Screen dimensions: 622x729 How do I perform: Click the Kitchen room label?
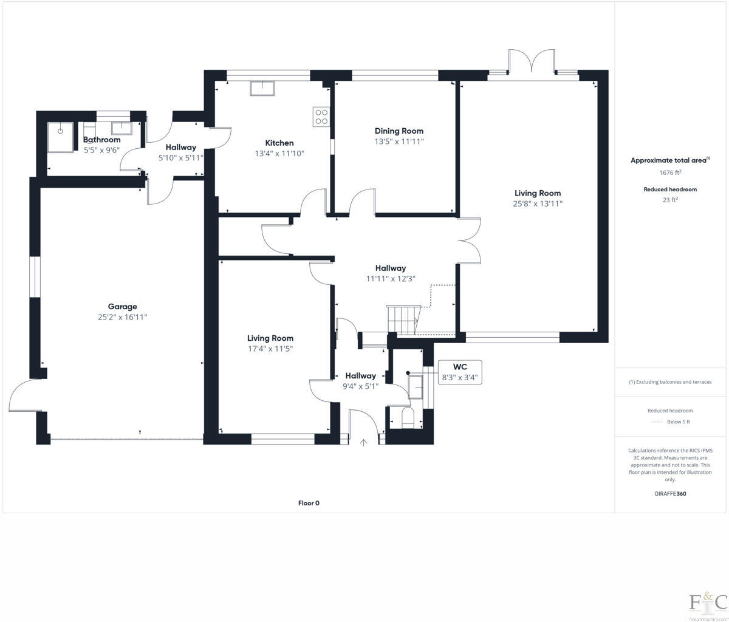click(279, 143)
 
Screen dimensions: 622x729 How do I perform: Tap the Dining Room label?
click(399, 131)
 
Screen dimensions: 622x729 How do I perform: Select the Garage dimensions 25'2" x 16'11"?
click(123, 317)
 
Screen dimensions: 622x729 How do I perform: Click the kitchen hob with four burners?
click(321, 117)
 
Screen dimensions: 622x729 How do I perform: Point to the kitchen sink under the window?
click(262, 88)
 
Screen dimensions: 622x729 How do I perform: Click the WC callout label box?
click(460, 372)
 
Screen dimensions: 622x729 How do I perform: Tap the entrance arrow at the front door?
click(364, 443)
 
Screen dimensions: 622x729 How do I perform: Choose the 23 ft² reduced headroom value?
click(670, 199)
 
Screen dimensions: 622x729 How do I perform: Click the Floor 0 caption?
click(309, 503)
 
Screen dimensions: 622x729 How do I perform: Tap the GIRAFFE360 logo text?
click(670, 494)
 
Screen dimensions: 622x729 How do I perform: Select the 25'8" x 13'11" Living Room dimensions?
click(537, 204)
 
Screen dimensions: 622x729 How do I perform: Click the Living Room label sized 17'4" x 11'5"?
click(270, 338)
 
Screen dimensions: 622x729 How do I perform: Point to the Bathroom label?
click(101, 140)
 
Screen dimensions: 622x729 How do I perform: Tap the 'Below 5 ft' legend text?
click(679, 422)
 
